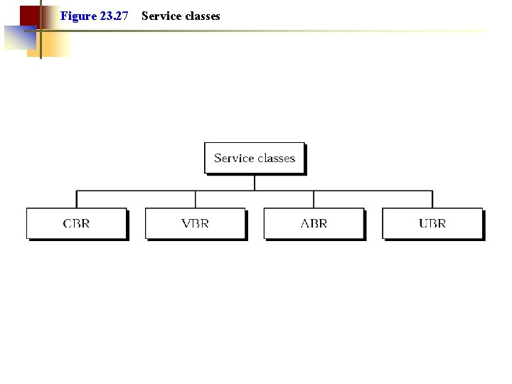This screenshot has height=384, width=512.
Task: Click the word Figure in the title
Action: click(78, 16)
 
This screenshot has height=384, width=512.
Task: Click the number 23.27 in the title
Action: click(114, 16)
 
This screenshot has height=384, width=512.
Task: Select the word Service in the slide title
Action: click(161, 16)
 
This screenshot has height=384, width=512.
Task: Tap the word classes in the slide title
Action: click(203, 16)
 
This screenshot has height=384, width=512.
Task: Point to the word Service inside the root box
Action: click(234, 158)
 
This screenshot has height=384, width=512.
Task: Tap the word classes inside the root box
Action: click(276, 158)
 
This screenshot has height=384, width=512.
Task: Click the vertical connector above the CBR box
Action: click(77, 199)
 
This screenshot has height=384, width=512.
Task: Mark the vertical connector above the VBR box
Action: click(196, 199)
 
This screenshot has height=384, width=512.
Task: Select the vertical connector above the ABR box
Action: click(314, 199)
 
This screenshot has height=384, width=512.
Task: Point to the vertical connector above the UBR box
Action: click(432, 199)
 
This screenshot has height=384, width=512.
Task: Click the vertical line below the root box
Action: click(255, 182)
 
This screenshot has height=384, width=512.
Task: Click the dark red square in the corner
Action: click(28, 15)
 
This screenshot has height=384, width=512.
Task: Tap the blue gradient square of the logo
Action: click(18, 38)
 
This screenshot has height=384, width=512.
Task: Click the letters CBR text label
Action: click(77, 223)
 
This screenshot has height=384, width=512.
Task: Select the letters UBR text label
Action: click(432, 223)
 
